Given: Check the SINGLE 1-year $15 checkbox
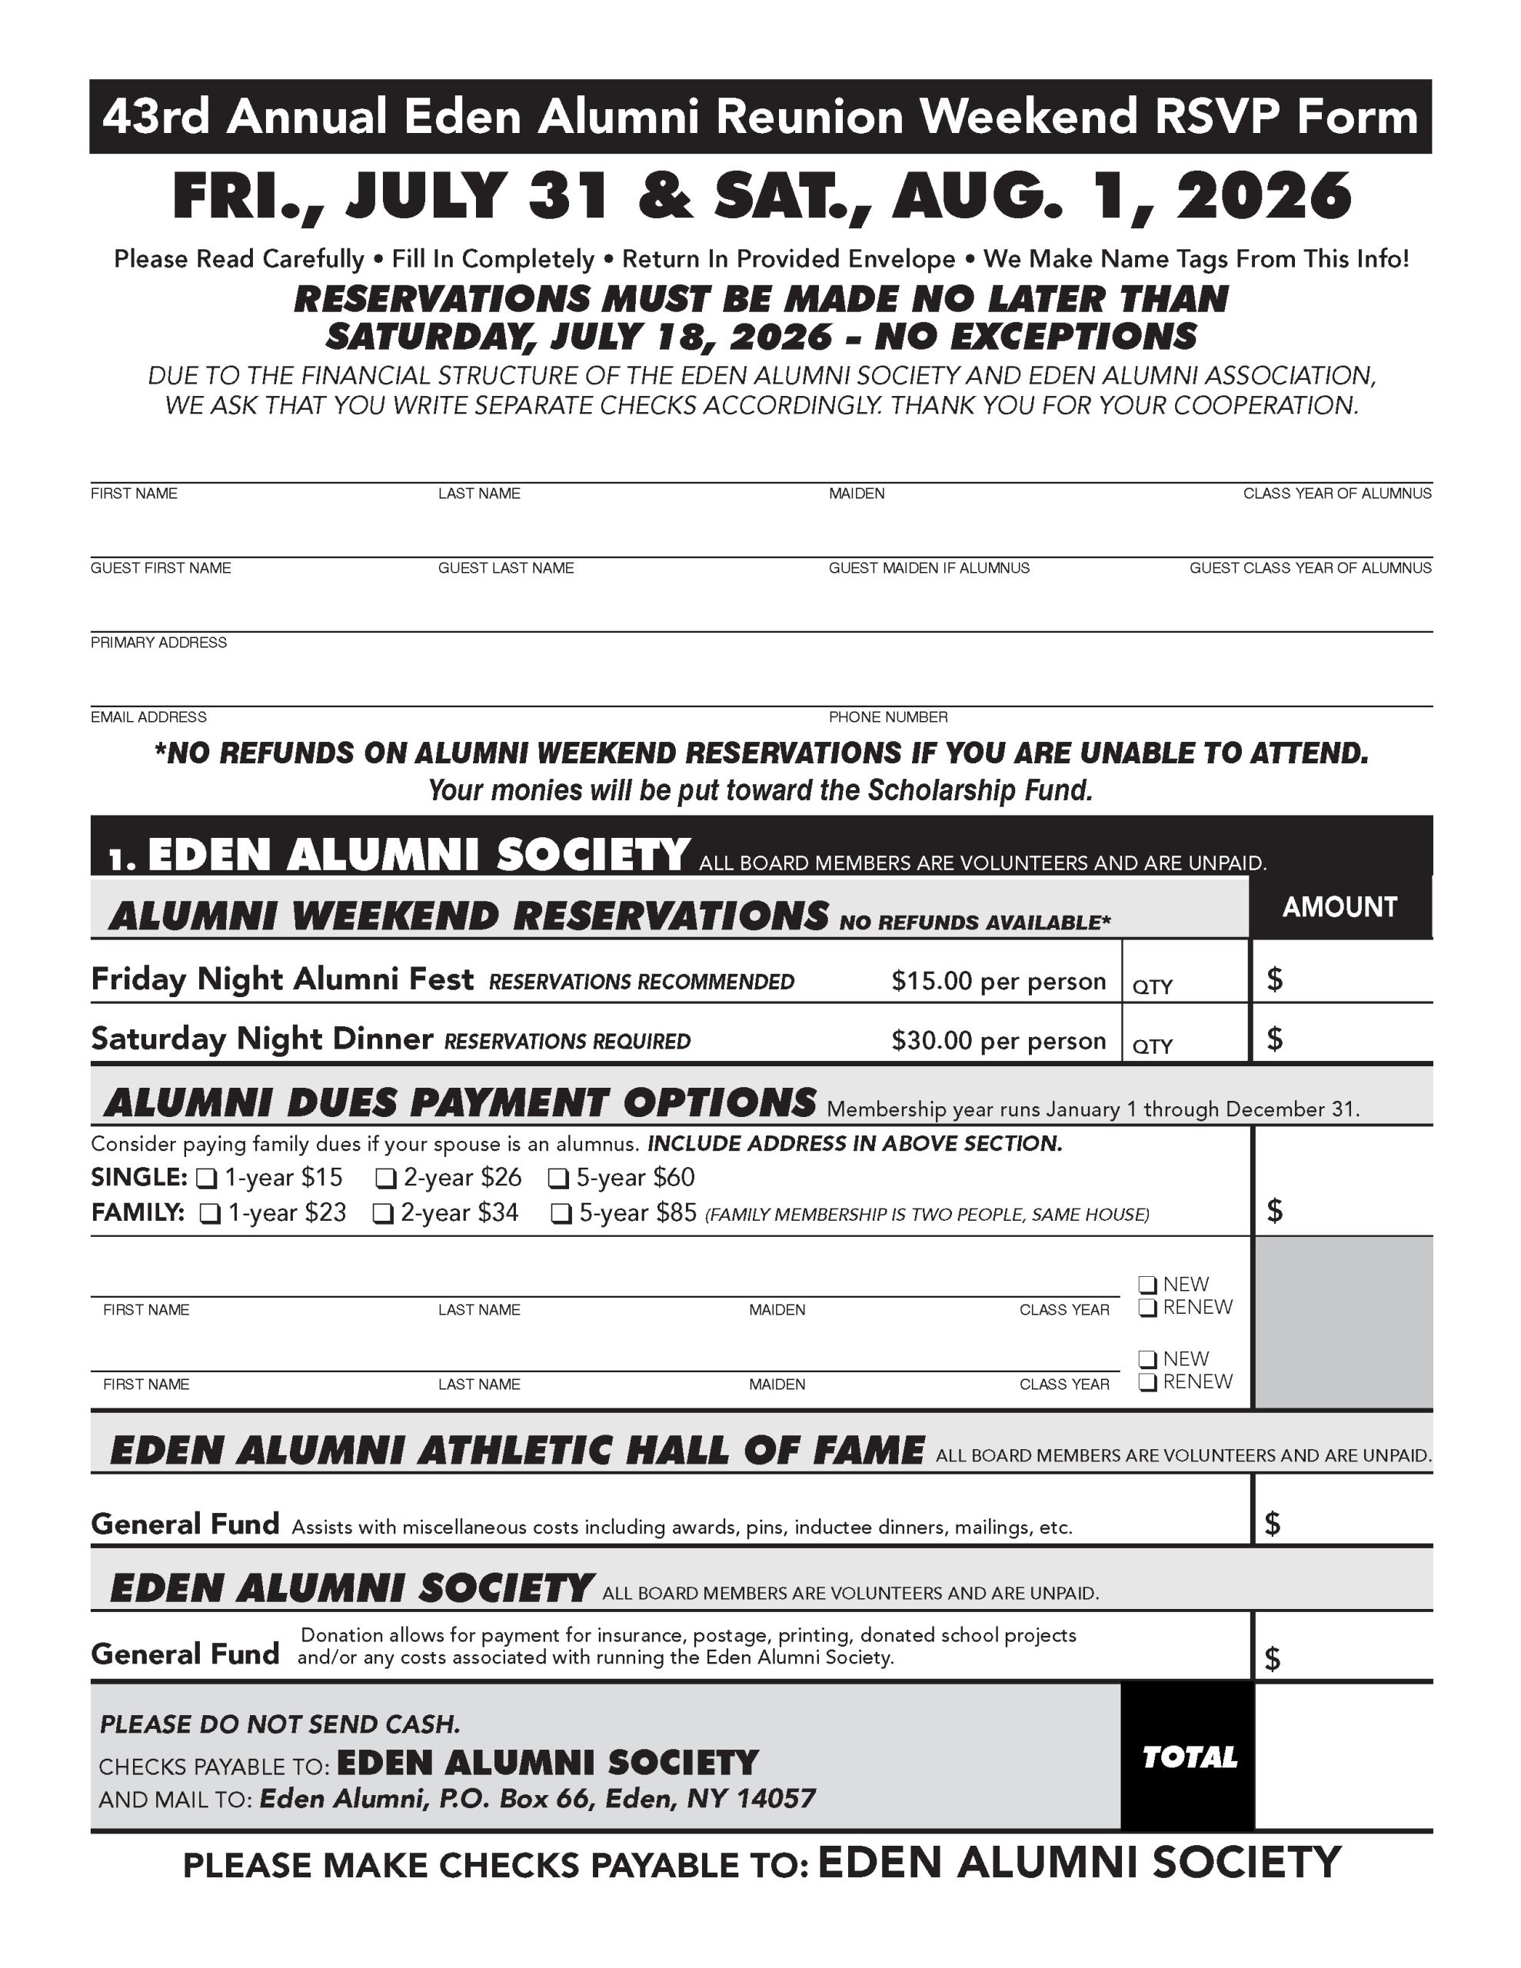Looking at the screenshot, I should coord(208,1178).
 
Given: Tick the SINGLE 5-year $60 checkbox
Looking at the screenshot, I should coord(559,1178).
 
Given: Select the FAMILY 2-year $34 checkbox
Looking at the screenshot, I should coord(384,1214).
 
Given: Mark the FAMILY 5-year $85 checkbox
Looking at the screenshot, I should coord(561,1214).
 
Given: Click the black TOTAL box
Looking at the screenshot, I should coord(1187,1757).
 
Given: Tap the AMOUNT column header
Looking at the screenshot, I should coord(1339,907).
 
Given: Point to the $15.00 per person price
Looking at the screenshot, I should coord(998,981).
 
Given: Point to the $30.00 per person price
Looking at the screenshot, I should coord(998,1041).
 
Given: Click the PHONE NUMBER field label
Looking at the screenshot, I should coord(888,717).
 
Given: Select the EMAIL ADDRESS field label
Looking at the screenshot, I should coord(148,717).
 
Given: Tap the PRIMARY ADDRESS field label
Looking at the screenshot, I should coord(158,643).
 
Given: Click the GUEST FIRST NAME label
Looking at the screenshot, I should coord(161,567).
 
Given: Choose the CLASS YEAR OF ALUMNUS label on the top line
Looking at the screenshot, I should coord(1336,493).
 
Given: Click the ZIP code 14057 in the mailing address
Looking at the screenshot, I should coord(775,1800).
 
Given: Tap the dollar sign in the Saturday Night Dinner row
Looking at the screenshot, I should coord(1274,1040).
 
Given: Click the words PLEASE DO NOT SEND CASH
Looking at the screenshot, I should coord(279,1725).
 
